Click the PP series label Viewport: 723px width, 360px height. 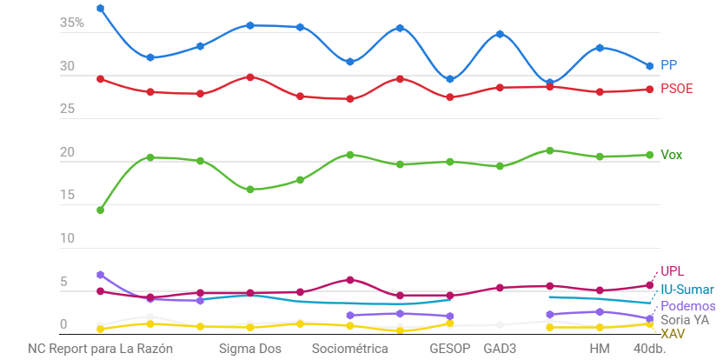668,65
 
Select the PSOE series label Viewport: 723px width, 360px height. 676,89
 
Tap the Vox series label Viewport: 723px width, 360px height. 671,155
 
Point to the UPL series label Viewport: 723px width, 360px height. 672,271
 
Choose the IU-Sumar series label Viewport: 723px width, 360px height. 687,290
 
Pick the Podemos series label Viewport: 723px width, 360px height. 688,306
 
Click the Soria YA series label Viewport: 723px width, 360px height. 685,320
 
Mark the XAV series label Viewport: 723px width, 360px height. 672,334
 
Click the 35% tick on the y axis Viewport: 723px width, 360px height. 72,23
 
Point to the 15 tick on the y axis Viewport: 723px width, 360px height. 67,197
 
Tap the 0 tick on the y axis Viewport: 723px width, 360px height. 63,325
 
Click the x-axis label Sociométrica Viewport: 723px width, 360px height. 349,349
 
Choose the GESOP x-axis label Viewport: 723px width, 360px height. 449,349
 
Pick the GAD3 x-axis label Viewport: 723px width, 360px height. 500,349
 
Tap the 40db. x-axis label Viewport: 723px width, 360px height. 649,349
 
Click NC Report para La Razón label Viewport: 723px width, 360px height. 101,349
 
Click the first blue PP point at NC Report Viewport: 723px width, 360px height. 101,9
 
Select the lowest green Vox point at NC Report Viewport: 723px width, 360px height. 101,210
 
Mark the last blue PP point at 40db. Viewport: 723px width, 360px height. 649,66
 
